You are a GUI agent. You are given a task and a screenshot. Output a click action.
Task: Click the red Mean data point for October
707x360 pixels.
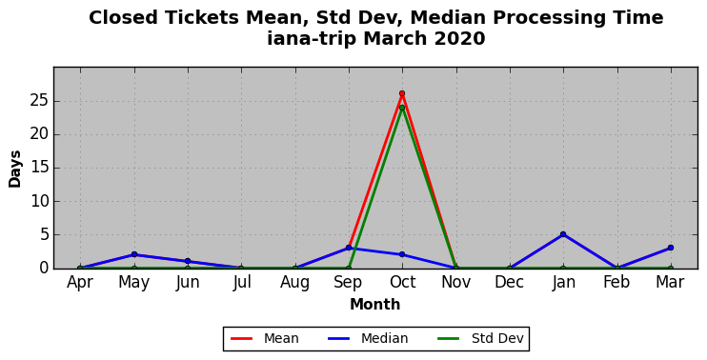402,93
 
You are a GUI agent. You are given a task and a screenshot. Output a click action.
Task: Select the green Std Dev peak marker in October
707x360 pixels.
402,108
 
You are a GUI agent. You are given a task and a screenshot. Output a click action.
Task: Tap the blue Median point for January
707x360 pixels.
563,234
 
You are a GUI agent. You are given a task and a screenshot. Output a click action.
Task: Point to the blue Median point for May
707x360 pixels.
134,254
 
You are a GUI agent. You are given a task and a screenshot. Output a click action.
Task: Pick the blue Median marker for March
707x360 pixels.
671,248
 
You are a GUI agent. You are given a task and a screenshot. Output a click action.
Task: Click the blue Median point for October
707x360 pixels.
402,254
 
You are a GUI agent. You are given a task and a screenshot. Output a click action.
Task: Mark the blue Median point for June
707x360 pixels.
188,261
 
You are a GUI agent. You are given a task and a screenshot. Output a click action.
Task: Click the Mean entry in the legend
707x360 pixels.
265,338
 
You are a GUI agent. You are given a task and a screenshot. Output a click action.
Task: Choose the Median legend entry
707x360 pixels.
368,338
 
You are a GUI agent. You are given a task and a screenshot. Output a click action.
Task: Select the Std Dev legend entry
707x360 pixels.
480,338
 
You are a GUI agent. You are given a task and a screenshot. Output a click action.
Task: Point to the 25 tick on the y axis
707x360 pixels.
39,101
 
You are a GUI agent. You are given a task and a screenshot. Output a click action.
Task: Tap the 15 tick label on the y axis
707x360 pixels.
39,168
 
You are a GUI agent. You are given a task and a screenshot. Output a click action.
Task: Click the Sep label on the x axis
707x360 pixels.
348,283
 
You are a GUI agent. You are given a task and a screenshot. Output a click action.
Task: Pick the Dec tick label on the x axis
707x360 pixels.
510,282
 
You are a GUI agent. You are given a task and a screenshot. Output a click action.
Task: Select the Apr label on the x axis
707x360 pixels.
80,283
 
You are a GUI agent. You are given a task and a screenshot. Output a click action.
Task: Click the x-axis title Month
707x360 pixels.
375,305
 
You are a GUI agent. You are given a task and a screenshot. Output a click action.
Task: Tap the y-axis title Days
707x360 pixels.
15,169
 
